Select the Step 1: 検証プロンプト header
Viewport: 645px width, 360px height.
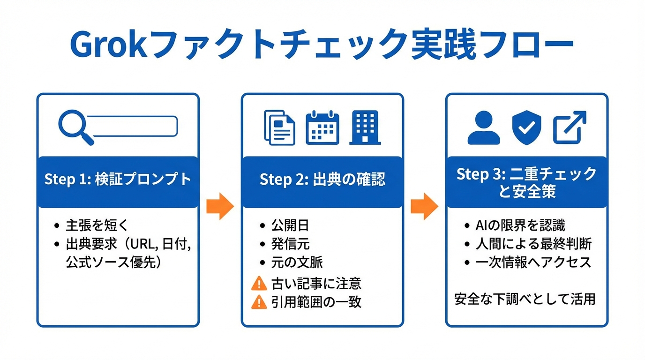tap(118, 180)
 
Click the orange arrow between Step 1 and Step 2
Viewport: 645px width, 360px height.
tap(220, 206)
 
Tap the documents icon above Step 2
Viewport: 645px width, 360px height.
tap(279, 127)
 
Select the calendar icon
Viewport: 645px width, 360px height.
tap(322, 127)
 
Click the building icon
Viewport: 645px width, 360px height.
tap(365, 127)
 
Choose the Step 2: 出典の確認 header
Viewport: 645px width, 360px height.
tap(322, 180)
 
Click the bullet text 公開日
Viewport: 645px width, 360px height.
tap(290, 225)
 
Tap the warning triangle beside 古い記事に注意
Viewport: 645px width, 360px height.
tap(259, 284)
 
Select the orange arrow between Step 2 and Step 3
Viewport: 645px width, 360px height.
tap(424, 206)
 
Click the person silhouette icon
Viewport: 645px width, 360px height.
tap(484, 127)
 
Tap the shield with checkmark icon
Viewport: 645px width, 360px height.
tap(526, 127)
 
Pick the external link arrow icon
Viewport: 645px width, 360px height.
tap(570, 127)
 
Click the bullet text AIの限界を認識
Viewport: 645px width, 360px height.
tap(520, 225)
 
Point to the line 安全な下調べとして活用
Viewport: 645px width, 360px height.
tap(525, 299)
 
